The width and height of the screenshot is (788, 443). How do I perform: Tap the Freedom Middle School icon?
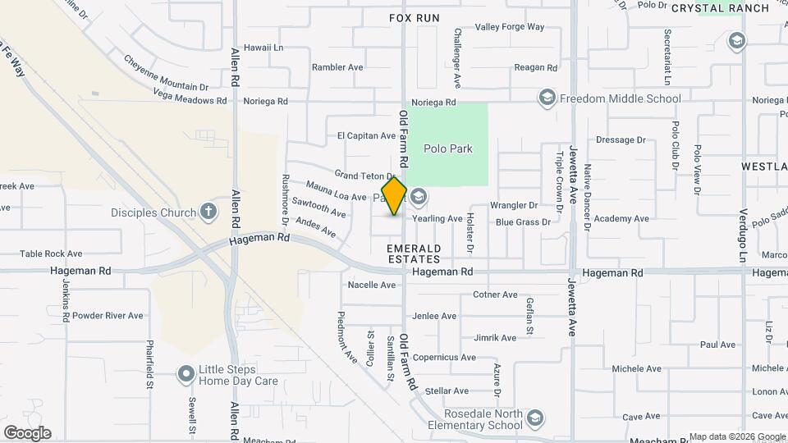(547, 98)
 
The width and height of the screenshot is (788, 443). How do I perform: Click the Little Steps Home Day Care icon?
(186, 374)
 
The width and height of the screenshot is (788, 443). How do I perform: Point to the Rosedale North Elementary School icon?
(535, 419)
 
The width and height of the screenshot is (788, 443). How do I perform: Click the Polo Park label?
(448, 148)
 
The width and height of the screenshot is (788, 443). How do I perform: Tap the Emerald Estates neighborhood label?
(415, 253)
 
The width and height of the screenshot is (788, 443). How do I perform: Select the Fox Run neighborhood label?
(415, 17)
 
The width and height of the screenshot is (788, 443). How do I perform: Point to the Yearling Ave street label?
(438, 219)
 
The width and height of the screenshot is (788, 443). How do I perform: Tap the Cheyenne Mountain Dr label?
(166, 72)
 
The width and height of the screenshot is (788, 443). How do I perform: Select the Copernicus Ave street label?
(444, 357)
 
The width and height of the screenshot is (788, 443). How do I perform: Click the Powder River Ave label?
(108, 315)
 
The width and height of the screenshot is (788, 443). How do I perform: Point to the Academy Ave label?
(621, 219)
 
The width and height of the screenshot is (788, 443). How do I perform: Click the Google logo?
(27, 433)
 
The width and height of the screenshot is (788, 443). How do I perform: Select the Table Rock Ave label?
(51, 254)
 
